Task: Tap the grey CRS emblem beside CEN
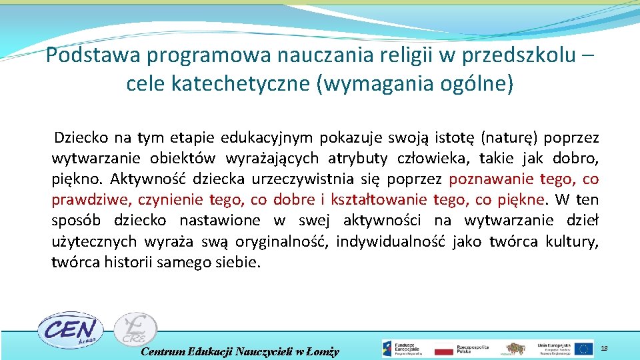(135, 330)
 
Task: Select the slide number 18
(604, 349)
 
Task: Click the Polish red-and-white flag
(444, 349)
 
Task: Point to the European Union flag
(584, 349)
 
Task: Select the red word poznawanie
(491, 179)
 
